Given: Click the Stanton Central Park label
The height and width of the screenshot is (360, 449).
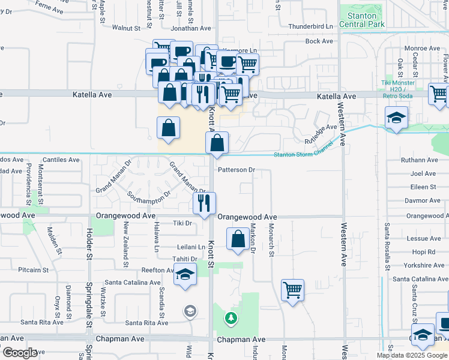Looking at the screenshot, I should (358, 20).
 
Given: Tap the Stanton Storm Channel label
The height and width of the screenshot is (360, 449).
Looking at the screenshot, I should (303, 155).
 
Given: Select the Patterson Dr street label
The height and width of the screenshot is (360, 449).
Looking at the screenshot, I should (237, 170).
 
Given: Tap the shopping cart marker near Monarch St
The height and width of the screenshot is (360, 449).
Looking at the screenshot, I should (292, 290).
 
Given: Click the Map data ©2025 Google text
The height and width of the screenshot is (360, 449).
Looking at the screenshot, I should (411, 355).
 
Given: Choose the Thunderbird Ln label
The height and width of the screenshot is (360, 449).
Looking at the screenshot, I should (310, 26).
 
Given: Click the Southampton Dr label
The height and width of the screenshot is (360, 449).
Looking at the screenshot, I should (150, 195).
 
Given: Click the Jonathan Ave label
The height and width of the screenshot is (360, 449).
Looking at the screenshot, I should (191, 28).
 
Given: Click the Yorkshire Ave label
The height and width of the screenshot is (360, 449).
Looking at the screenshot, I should (424, 265).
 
